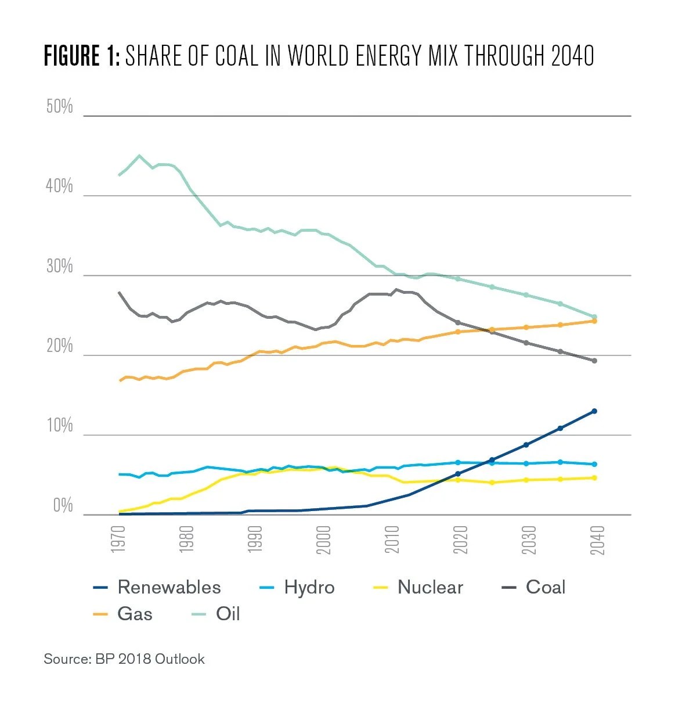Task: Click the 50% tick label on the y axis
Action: click(x=60, y=107)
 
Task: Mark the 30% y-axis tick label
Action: click(x=60, y=267)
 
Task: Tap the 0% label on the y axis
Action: click(x=63, y=506)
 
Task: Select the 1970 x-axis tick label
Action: click(x=118, y=539)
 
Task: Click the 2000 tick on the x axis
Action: click(x=324, y=539)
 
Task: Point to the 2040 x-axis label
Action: click(x=597, y=539)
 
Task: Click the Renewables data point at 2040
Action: click(x=594, y=411)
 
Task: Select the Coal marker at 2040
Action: click(x=594, y=361)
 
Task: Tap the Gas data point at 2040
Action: click(x=594, y=321)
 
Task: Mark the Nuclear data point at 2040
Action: click(x=594, y=478)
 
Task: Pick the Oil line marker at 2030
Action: click(x=526, y=295)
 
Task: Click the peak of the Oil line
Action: click(x=139, y=156)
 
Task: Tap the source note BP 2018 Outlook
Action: click(x=150, y=659)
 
